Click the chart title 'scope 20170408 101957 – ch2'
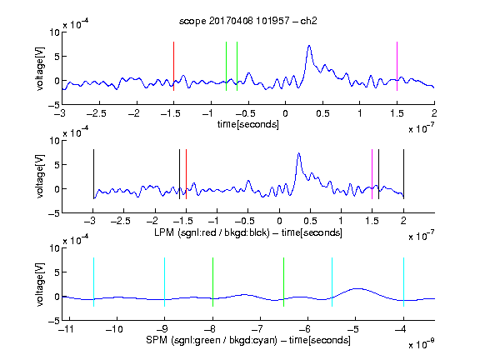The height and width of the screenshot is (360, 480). (x=247, y=21)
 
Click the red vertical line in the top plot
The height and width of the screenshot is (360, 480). (x=173, y=66)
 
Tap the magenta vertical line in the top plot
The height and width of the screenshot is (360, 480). (x=397, y=66)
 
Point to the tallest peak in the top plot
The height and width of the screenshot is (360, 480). (x=309, y=46)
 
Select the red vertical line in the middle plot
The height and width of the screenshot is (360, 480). (x=186, y=174)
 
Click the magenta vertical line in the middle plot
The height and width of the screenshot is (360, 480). (x=372, y=174)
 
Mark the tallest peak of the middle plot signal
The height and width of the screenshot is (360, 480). (x=299, y=153)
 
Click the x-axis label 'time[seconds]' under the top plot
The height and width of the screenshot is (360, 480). (x=248, y=124)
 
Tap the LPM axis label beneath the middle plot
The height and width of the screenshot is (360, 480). (x=248, y=232)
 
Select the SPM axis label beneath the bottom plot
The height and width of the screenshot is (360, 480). (x=248, y=340)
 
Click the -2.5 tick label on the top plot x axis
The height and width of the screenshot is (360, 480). (x=96, y=114)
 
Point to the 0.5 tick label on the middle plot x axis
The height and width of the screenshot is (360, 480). (x=310, y=221)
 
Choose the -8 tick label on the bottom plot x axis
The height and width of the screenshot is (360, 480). (x=211, y=329)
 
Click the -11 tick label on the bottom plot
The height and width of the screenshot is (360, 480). (x=67, y=329)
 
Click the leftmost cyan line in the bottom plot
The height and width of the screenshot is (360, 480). (x=93, y=282)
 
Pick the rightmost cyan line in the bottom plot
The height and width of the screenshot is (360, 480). (x=404, y=282)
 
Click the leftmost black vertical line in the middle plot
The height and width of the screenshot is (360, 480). (x=93, y=174)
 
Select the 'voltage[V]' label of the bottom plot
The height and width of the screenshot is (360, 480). (x=40, y=284)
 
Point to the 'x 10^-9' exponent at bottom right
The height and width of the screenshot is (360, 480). (x=422, y=344)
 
